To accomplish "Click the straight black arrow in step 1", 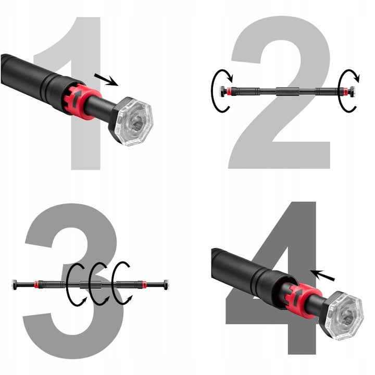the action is point(106,79).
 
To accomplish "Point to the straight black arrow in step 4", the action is point(322,276).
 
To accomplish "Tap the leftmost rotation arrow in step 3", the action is point(67,284).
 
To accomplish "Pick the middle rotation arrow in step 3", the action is point(90,284).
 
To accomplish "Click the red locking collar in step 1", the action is point(82,101).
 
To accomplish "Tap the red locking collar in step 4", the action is point(303,300).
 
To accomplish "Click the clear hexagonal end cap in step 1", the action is point(133,122).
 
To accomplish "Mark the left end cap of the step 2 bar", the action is point(222,92).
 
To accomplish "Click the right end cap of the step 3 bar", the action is point(166,284).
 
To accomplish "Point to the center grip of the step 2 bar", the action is point(287,92).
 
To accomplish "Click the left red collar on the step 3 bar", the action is point(36,284).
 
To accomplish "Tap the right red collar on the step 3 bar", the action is point(145,284).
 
